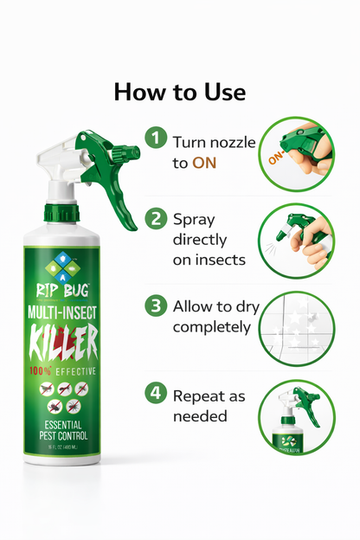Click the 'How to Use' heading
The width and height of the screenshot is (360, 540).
[x=180, y=92]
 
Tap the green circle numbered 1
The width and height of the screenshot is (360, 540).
[x=156, y=138]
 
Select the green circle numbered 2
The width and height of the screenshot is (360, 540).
[x=156, y=219]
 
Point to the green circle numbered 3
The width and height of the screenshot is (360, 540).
[x=156, y=305]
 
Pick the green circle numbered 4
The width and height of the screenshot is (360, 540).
[x=156, y=392]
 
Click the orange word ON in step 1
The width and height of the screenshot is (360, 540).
[x=204, y=162]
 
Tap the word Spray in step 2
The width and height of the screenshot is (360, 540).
[x=193, y=219]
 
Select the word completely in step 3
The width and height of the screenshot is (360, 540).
[x=212, y=327]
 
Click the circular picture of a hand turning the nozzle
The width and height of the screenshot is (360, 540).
[x=296, y=155]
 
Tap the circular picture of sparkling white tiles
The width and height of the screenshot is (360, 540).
[x=296, y=330]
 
